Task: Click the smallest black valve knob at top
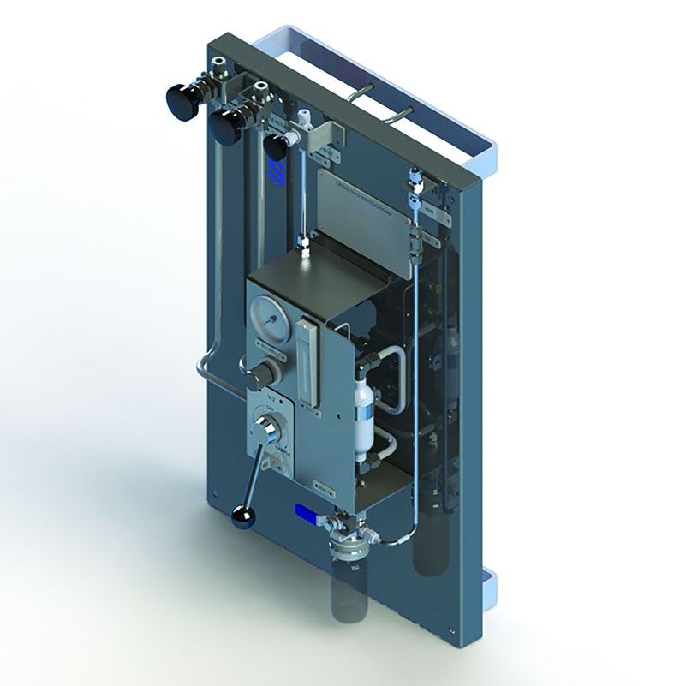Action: [x=274, y=146]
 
